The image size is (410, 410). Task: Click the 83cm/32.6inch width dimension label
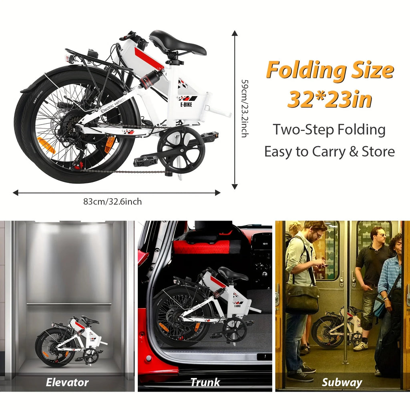pos(113,202)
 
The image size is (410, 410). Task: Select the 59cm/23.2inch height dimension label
pos(243,108)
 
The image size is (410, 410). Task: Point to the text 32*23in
pos(330,99)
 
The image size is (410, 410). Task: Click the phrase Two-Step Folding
pos(329,130)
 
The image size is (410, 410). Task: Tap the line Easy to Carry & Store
pos(330,152)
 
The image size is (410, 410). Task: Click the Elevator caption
pos(67,382)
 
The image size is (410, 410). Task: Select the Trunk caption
pos(205,382)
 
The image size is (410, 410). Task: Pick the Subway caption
pos(342,382)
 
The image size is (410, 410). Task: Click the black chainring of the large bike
pos(181,149)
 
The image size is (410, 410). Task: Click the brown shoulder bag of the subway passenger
pos(302,298)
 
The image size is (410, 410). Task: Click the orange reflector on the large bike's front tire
pos(45,145)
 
